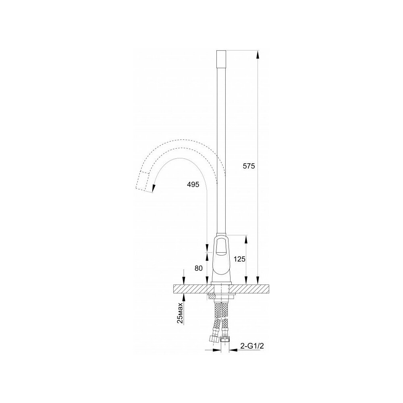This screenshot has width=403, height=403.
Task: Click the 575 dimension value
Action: tap(249, 166)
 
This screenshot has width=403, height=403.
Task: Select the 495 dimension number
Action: tap(193, 184)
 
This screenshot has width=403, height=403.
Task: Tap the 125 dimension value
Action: tap(239, 259)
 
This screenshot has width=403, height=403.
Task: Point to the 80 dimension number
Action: tap(199, 268)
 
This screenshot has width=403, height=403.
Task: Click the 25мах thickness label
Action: tap(180, 313)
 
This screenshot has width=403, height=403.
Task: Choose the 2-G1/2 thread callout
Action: tap(252, 346)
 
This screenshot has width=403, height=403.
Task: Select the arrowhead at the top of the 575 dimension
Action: tap(258, 54)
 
